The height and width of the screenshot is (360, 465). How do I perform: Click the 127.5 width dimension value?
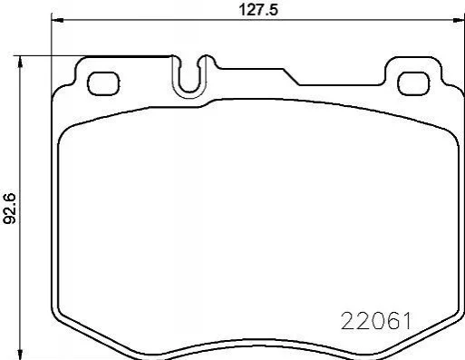coord(258,10)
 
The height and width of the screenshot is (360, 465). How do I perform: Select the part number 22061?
coord(376,321)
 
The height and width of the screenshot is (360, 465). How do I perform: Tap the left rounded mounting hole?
coord(103,83)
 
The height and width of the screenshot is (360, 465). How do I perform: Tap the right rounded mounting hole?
coord(413,83)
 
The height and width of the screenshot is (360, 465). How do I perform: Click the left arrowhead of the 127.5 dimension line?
coord(57,20)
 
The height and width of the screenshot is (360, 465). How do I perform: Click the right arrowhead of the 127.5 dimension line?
coord(459,20)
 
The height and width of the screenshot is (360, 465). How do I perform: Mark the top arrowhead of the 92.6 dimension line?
coord(20,62)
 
